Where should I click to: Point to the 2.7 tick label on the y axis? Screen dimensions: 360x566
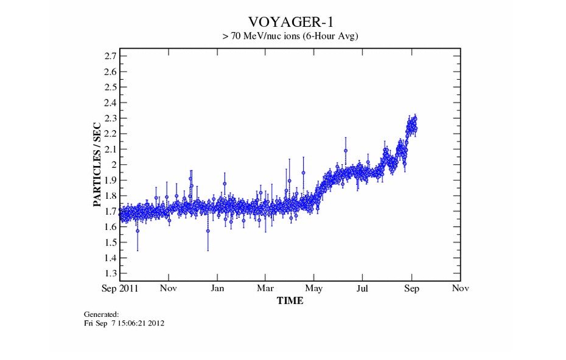[x=110, y=56]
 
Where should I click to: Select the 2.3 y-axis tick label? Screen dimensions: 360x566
[x=110, y=118]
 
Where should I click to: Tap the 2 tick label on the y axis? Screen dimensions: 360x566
[x=114, y=165]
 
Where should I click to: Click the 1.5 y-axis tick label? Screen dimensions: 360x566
[x=110, y=242]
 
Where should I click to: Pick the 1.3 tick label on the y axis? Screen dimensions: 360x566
[x=110, y=273]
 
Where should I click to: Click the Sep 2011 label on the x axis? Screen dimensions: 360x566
[x=120, y=288]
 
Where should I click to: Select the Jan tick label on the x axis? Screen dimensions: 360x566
[x=217, y=288]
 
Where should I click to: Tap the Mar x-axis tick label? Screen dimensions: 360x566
[x=265, y=288]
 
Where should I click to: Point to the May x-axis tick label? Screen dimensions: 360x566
[x=314, y=288]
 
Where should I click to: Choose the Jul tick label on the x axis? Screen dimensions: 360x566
[x=363, y=288]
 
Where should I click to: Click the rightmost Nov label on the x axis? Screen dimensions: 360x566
[x=460, y=288]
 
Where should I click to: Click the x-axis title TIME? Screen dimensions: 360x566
[x=290, y=300]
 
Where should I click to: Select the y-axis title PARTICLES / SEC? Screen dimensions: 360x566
[x=97, y=164]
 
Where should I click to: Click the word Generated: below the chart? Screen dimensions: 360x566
[x=101, y=314]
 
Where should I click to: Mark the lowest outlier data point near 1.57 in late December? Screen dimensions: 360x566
[x=208, y=231]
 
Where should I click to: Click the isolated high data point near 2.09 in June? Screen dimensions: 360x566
[x=345, y=150]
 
